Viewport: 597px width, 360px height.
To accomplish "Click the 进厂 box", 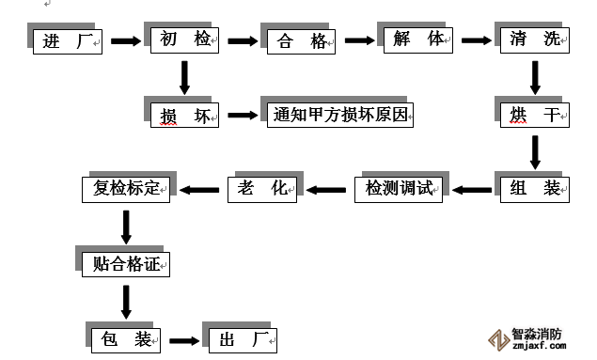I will point(67,40).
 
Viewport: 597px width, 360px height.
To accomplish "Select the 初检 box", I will point(184,39).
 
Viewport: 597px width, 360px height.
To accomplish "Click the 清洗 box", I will point(532,40).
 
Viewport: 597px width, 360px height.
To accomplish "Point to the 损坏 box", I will point(184,116).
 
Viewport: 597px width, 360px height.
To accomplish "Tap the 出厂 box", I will point(239,339).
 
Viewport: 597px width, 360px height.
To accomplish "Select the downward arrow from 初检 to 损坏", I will point(184,77).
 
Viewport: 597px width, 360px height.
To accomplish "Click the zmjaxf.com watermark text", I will point(540,346).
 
